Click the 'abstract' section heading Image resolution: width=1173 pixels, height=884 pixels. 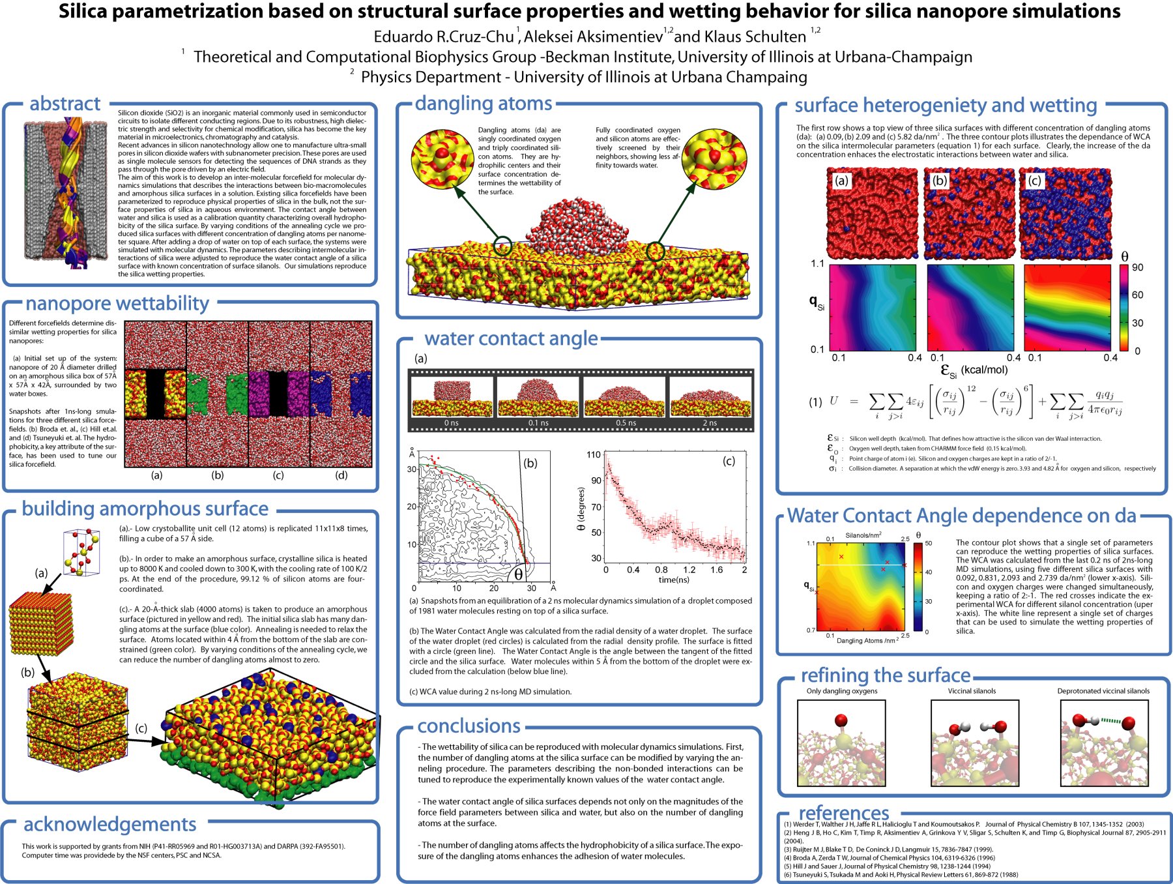65,104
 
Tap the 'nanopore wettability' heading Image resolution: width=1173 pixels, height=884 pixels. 117,304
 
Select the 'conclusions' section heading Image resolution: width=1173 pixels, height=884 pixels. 469,726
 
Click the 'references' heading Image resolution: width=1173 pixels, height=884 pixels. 843,813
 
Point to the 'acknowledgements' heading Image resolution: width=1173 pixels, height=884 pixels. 109,825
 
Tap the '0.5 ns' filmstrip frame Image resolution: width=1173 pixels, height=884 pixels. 625,400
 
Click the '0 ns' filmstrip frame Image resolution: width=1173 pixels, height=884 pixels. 452,400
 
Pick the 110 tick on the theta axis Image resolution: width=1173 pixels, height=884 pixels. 594,455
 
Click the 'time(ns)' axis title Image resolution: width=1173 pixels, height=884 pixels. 674,580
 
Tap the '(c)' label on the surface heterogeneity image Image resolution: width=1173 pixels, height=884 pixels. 1034,181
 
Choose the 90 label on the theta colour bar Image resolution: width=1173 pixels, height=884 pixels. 1138,268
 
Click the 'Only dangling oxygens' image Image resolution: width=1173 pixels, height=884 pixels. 841,743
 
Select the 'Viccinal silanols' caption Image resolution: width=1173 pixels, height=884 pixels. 972,691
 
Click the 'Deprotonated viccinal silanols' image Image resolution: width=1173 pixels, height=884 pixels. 1104,743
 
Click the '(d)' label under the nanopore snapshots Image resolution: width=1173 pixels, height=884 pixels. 341,475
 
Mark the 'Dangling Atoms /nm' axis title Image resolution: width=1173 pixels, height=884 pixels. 866,641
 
